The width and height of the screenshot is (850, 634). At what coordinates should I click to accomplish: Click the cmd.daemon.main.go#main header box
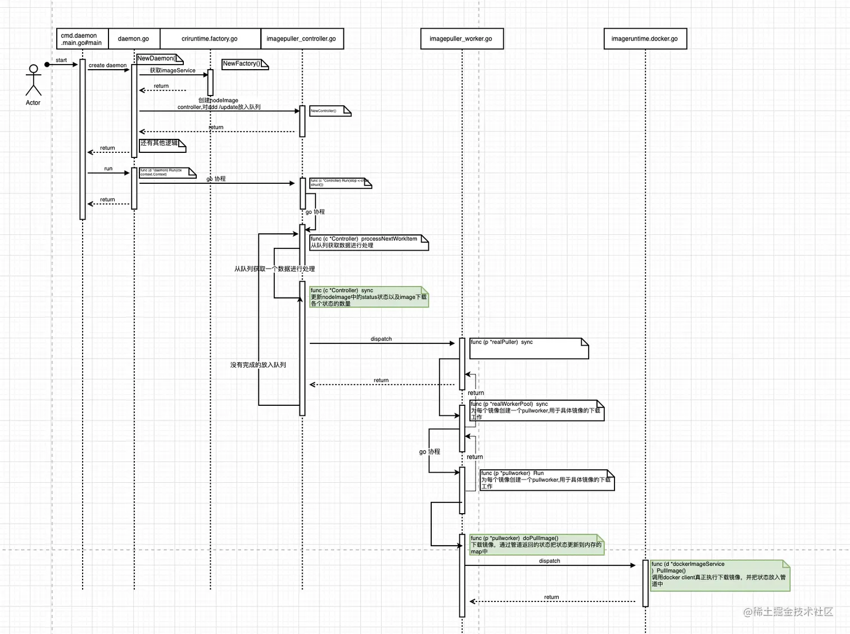(82, 39)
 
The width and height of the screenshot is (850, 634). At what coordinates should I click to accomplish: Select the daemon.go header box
(134, 39)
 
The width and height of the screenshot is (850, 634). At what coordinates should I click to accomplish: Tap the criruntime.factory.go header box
(210, 39)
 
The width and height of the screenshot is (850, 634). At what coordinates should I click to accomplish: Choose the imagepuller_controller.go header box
(301, 39)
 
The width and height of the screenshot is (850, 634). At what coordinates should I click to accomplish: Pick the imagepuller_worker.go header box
(461, 39)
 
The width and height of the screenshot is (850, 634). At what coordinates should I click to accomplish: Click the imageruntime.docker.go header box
(645, 39)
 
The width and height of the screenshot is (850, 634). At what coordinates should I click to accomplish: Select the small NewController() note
(329, 111)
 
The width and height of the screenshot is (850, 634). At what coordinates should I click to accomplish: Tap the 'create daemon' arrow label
(107, 65)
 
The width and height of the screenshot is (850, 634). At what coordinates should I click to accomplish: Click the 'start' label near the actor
(61, 60)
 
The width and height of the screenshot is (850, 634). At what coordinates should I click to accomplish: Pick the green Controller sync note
(369, 297)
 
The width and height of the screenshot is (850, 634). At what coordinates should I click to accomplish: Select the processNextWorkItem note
(369, 242)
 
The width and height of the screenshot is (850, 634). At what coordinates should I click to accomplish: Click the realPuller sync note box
(528, 348)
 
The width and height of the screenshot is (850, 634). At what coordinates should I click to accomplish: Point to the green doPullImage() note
(536, 545)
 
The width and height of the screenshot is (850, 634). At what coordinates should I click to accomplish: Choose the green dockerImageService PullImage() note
(720, 574)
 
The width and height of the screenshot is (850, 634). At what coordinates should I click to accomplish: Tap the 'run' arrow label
(108, 169)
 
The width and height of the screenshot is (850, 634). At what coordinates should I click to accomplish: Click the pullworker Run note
(546, 480)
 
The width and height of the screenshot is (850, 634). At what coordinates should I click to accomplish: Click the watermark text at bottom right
(788, 612)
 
